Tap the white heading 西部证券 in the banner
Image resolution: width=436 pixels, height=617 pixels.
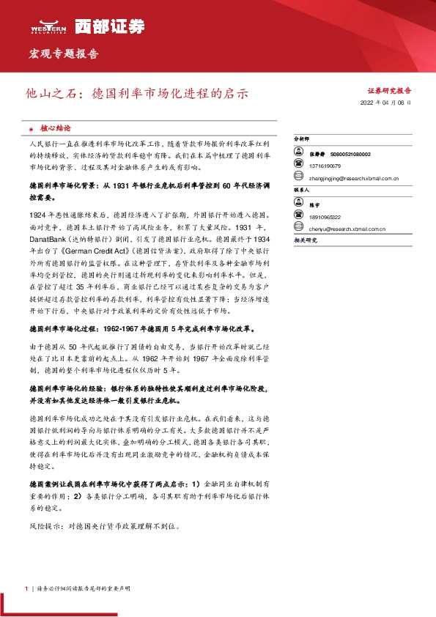[101, 26]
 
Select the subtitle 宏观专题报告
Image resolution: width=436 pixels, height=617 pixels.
[63, 54]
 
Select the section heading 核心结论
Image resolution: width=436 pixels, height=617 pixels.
[56, 127]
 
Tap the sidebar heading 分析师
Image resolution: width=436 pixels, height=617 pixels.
[302, 138]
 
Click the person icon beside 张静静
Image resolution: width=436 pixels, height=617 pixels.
[298, 155]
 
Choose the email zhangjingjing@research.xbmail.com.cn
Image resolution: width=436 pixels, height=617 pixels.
[354, 177]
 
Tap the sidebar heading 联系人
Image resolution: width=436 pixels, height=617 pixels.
[302, 189]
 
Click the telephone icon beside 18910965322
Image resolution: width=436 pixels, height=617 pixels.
[298, 218]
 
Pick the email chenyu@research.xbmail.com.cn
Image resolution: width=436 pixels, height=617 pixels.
[347, 229]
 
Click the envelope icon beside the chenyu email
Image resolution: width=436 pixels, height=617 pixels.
[298, 229]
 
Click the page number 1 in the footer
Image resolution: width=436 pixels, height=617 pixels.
[26, 588]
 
